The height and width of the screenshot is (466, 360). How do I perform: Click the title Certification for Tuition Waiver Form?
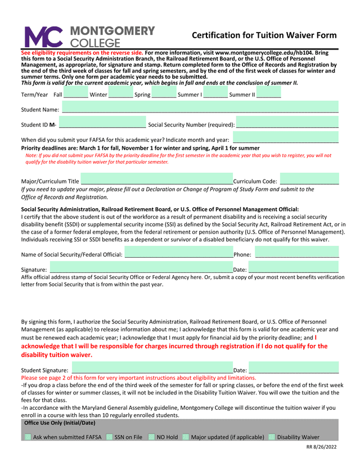click(264, 35)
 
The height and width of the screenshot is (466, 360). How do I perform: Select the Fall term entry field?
click(75, 94)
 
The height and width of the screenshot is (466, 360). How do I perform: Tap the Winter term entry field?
click(120, 94)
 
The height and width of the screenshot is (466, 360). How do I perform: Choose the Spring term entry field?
click(164, 94)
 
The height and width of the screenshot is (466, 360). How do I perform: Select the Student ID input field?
click(101, 123)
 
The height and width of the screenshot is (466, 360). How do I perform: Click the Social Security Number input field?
click(287, 123)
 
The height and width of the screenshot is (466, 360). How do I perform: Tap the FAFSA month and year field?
click(285, 138)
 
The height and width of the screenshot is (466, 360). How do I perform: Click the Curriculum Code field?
click(309, 180)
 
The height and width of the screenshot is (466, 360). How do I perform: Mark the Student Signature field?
click(152, 369)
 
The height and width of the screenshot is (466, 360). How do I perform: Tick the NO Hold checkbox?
click(151, 437)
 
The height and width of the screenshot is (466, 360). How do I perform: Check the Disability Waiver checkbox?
click(272, 437)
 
